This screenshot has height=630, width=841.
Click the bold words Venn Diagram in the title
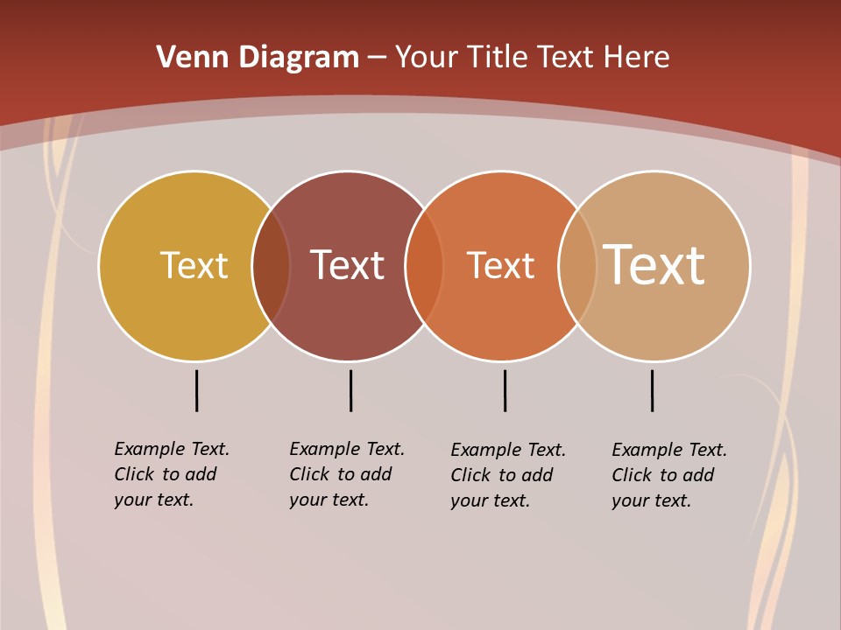(258, 57)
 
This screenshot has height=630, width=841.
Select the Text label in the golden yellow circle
(194, 265)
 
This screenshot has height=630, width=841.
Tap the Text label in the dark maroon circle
(348, 265)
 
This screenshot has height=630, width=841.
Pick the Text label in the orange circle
(500, 265)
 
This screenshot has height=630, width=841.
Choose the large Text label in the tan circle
(654, 265)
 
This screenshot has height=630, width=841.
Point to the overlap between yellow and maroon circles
(271, 266)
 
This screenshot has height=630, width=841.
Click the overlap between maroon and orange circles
(424, 266)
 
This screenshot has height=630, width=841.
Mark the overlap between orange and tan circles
(577, 266)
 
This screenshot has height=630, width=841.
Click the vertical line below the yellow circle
(197, 390)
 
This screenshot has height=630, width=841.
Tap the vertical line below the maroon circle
(350, 390)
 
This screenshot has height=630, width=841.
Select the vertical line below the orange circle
(505, 390)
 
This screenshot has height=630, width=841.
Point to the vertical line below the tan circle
(652, 390)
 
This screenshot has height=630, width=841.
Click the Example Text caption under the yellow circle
(172, 474)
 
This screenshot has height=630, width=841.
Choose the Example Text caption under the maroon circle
(347, 474)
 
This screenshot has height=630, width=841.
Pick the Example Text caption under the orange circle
(508, 475)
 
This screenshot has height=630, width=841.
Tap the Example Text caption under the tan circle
(669, 475)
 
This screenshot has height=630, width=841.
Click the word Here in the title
(637, 57)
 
